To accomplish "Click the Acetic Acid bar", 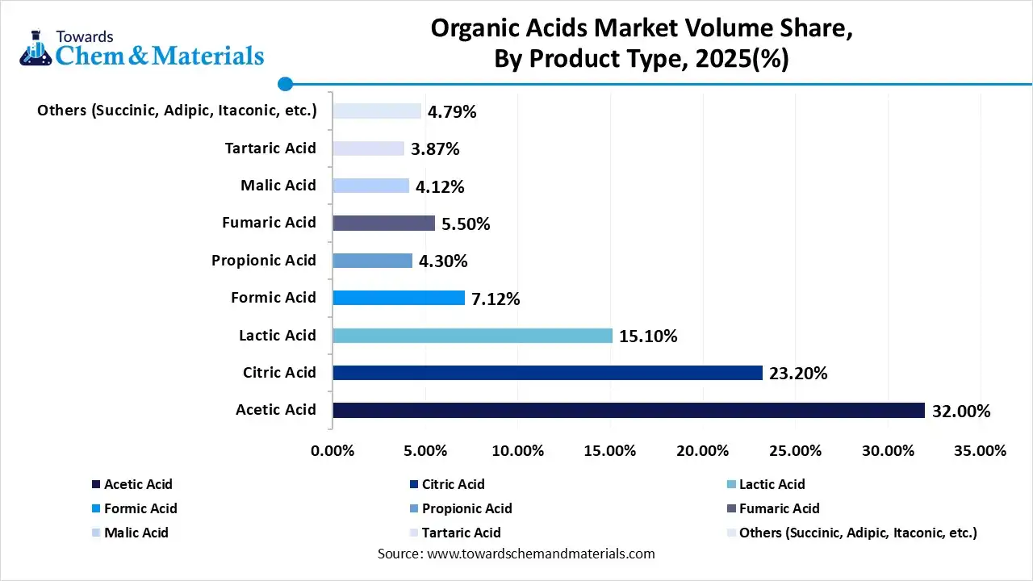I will [628, 410].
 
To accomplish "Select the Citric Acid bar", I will [547, 373].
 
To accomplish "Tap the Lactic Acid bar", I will [472, 335].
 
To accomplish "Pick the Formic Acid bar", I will [399, 298].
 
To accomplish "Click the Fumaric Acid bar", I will [383, 224].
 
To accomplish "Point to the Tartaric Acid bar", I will [368, 148].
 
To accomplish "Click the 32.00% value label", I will [960, 412].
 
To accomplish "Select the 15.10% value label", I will [648, 336].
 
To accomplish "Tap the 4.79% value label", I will [452, 112].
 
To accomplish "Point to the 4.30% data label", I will [443, 261].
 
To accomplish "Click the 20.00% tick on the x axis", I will [703, 450].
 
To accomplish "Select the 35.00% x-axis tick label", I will [980, 450].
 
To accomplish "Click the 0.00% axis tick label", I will [332, 450].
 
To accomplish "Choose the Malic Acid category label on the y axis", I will [278, 186].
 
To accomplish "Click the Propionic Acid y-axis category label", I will [264, 261].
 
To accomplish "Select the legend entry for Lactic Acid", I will [772, 484].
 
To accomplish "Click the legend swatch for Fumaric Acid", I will [731, 508].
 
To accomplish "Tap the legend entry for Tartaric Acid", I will [461, 533].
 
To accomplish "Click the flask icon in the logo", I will [36, 50].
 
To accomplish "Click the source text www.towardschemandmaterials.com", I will [539, 554].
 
